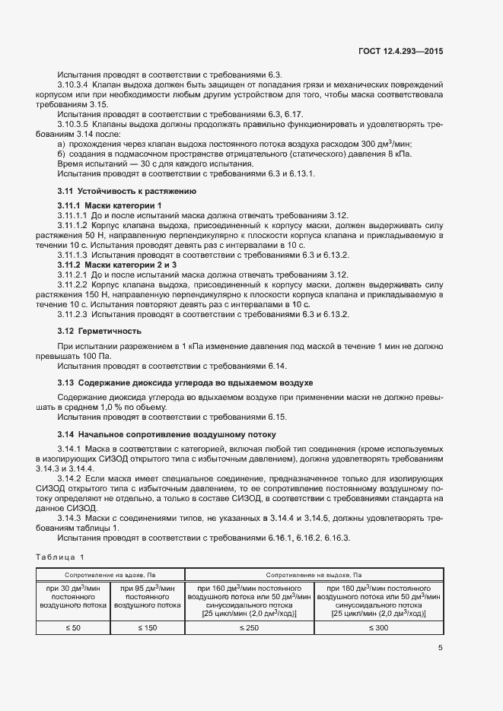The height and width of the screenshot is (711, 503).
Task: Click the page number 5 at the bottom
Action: click(440, 648)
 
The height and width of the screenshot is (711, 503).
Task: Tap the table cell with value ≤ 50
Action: click(72, 627)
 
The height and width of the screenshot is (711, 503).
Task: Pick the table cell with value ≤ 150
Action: click(148, 627)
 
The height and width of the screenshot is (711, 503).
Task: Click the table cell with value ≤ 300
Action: click(379, 627)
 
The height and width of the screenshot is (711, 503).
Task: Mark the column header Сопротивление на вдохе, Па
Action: click(110, 574)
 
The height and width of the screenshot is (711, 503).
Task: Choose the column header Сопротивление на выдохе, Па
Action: click(314, 574)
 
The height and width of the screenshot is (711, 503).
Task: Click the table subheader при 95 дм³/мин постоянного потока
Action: click(148, 596)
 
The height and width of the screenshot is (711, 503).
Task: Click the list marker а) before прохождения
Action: click(61, 144)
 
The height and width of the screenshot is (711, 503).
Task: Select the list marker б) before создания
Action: click(61, 154)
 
